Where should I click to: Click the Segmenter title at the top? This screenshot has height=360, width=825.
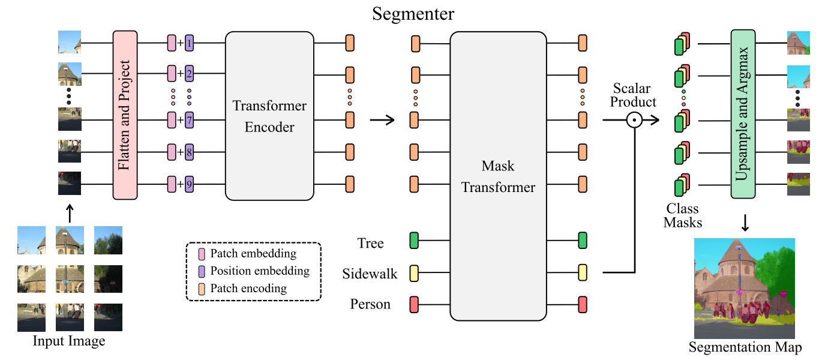point(413,14)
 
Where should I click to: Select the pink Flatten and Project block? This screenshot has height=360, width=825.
point(125,115)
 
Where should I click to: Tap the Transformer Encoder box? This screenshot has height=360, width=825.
point(269,116)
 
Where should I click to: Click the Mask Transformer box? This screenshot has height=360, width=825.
point(498,176)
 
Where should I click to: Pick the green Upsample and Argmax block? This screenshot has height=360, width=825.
point(743,114)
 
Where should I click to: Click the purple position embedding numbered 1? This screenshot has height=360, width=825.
point(189,43)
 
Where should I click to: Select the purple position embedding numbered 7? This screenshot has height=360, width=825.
point(189,120)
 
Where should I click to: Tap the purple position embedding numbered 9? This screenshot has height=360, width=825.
point(189,184)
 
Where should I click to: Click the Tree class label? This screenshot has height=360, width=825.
point(370,243)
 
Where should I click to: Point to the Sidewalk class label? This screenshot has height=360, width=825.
point(370,274)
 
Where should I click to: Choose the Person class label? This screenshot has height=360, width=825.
point(370,304)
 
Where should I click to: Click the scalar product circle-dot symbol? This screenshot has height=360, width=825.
point(634,120)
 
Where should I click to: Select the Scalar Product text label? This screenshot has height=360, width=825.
point(633,95)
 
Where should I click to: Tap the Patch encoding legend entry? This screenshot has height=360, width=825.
point(243,289)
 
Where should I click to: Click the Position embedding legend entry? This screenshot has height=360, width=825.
point(254,271)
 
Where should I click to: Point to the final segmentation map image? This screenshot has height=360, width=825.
point(745,289)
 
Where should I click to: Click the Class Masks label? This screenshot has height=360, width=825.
point(682,215)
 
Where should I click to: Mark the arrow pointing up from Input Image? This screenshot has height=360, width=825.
point(70,214)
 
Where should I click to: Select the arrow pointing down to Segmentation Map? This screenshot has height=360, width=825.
point(745,223)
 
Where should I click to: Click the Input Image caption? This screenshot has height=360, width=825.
point(69,341)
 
